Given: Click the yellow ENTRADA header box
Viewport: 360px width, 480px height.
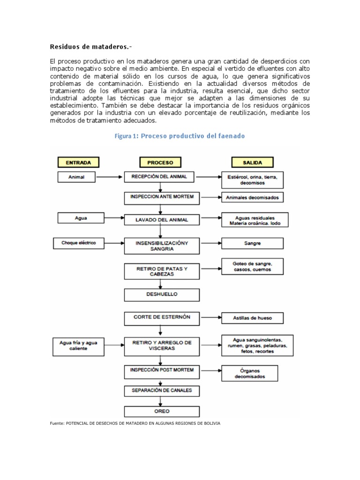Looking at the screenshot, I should click(78, 163).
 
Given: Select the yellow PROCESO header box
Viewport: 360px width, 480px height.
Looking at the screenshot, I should click(160, 163).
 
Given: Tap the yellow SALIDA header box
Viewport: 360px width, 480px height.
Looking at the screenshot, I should click(252, 163).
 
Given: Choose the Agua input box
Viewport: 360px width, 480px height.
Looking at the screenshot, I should click(81, 218).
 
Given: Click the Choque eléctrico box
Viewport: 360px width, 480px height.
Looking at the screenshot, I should click(78, 243).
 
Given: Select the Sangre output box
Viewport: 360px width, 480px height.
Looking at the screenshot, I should click(252, 243).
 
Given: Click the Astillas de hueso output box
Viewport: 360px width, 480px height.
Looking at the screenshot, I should click(252, 318).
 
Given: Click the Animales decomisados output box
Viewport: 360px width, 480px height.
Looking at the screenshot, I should click(252, 198).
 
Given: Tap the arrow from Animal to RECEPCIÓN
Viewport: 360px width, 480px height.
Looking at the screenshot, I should click(111, 177).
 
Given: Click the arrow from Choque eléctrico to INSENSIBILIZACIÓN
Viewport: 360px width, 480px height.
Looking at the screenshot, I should click(111, 243).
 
